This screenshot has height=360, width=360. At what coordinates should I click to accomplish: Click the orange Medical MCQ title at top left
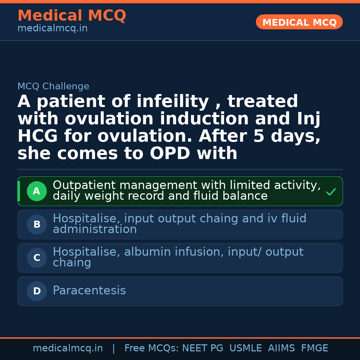coord(72,16)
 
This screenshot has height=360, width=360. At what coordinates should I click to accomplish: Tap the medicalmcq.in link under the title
coord(52,29)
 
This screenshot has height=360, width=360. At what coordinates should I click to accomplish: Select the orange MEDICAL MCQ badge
coord(299,22)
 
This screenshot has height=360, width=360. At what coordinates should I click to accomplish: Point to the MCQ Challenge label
coord(53,87)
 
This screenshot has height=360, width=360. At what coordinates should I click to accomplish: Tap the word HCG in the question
coord(38,136)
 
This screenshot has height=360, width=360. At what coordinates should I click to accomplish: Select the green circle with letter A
coord(37,191)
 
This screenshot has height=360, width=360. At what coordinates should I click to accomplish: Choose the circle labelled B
coord(37,225)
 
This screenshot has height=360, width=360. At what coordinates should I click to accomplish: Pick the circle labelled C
coord(37,258)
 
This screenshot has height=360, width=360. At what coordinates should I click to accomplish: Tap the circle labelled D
coord(37,291)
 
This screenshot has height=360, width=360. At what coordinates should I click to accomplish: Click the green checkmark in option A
coord(331,192)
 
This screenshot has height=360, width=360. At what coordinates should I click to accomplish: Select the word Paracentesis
coord(89,291)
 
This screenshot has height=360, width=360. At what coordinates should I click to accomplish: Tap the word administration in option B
coord(95,229)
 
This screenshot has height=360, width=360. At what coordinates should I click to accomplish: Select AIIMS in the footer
coord(281,348)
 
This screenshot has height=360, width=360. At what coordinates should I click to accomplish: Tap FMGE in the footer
coord(314,348)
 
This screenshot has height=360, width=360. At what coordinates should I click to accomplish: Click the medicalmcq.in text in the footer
coord(68,348)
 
